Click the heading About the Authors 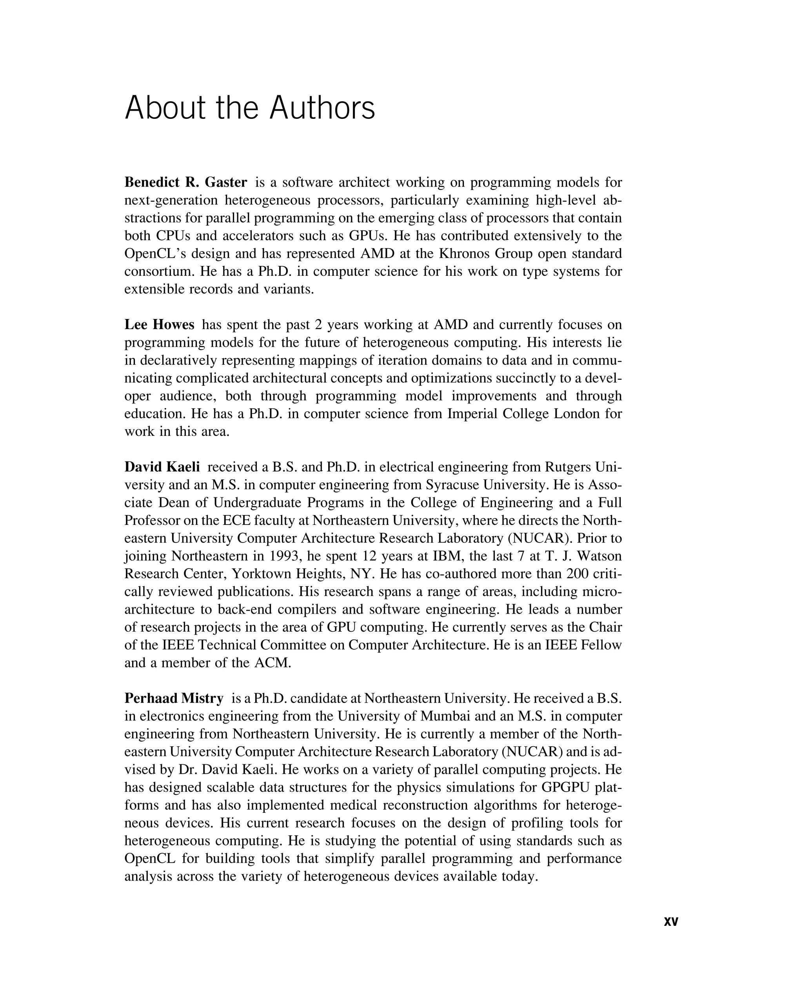(x=250, y=108)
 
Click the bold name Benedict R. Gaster (x=185, y=182)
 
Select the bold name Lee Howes (x=159, y=324)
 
